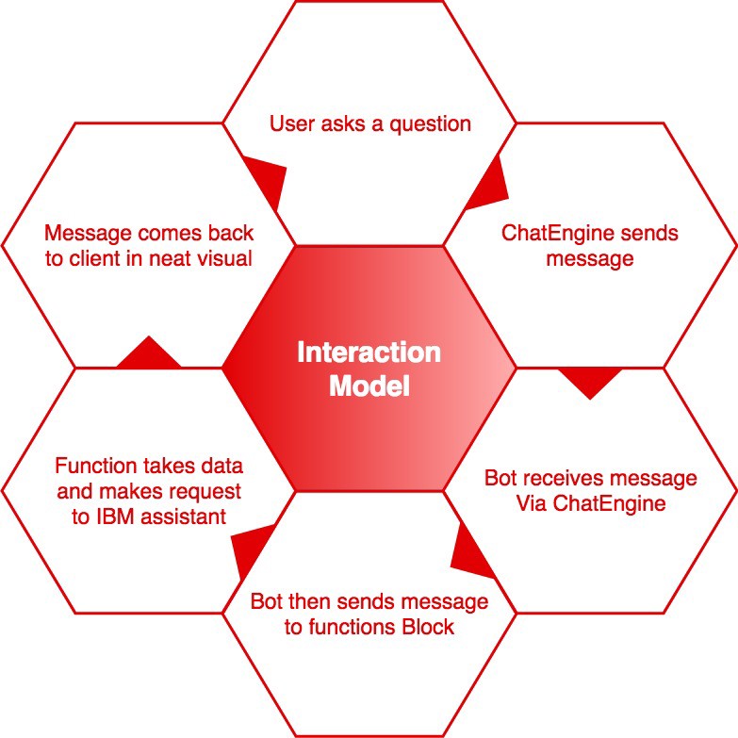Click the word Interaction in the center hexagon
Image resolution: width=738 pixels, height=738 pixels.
pyautogui.click(x=369, y=353)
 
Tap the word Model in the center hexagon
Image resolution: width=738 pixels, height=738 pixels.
pyautogui.click(x=369, y=385)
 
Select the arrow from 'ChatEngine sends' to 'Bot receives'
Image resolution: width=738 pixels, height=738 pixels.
pyautogui.click(x=591, y=379)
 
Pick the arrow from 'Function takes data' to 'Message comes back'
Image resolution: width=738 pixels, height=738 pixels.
pyautogui.click(x=148, y=353)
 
